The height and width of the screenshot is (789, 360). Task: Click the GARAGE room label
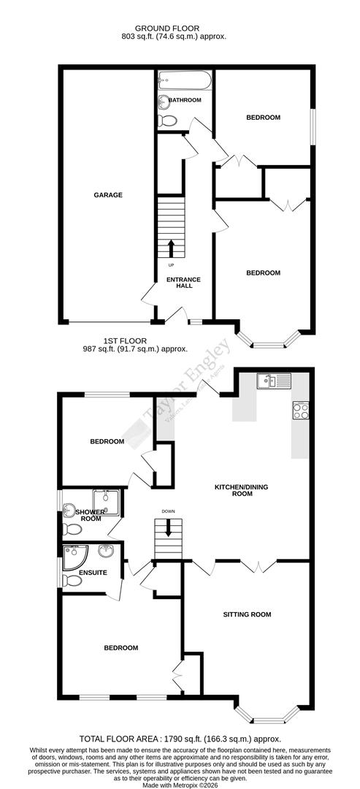pos(107,195)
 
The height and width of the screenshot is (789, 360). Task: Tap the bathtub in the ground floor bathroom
pos(184,79)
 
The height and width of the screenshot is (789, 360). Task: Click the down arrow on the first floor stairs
pos(169,527)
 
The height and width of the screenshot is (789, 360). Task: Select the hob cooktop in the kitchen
pos(300,410)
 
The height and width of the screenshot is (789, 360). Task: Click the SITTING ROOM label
pos(247,614)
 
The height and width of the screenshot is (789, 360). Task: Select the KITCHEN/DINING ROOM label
pos(233,489)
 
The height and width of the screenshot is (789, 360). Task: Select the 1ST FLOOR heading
pos(126,340)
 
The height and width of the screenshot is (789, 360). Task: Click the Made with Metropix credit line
pos(180,784)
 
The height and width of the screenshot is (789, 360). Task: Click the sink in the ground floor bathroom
pos(161,102)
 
